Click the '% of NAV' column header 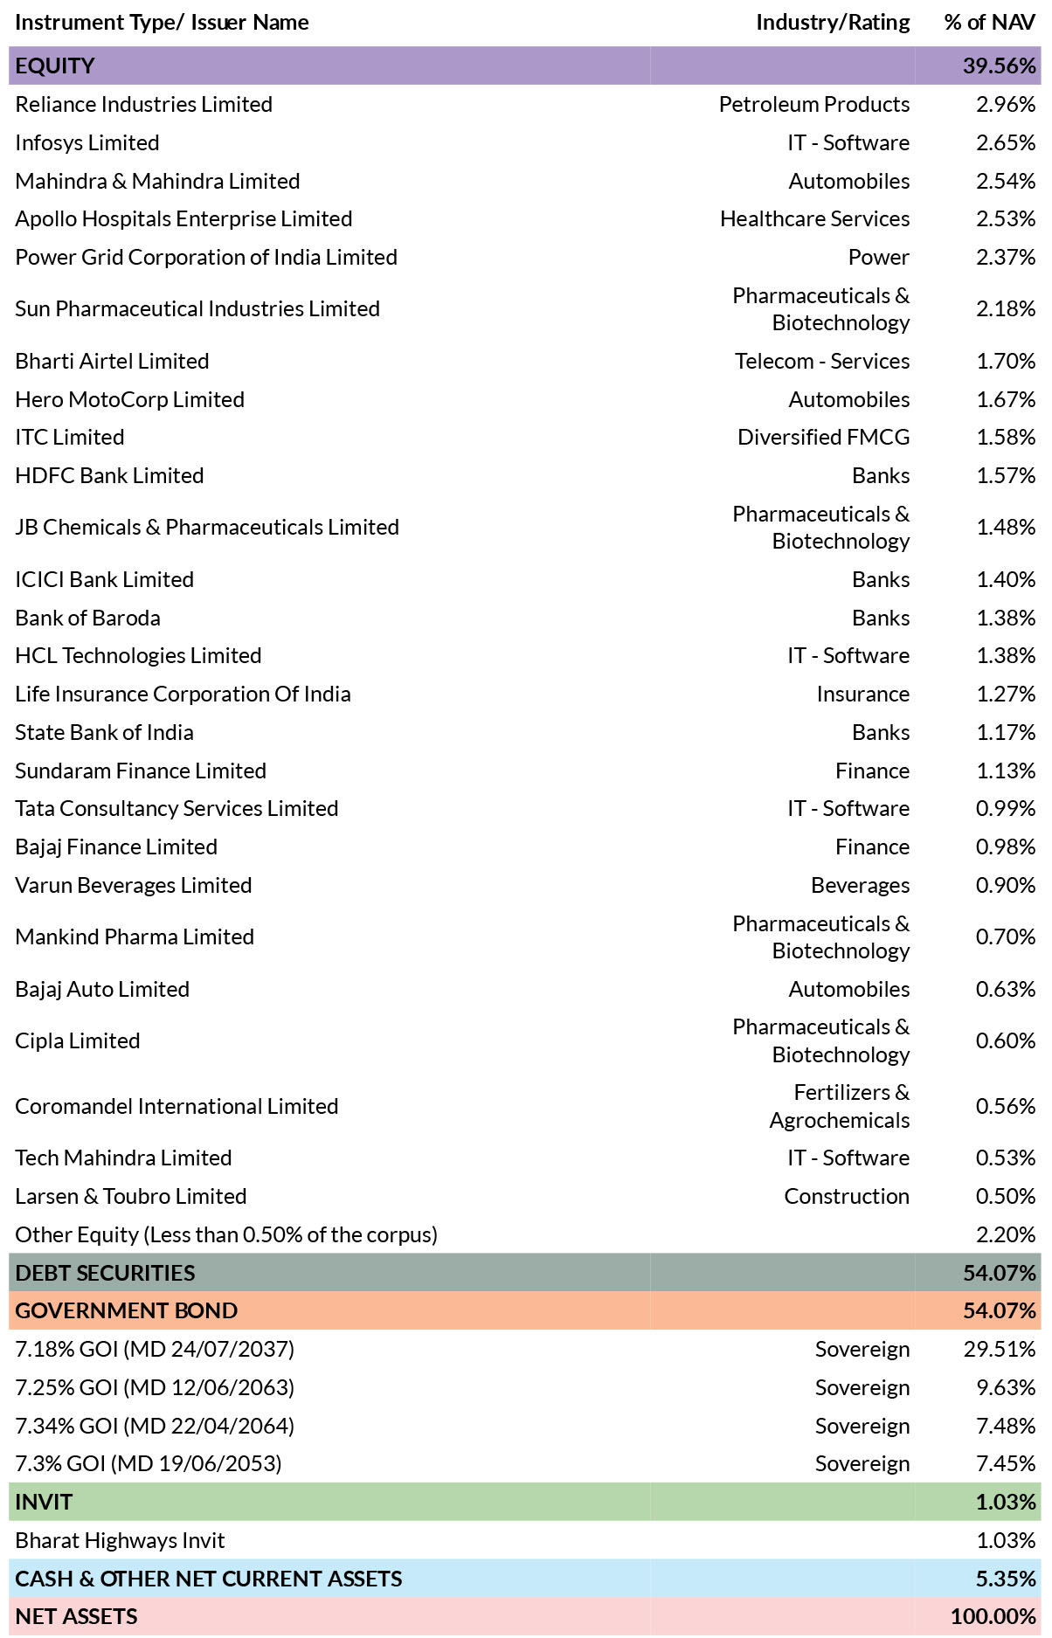990,22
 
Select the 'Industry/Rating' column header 833,22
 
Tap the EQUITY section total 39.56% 1000,66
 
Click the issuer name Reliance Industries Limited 144,104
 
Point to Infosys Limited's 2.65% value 1006,142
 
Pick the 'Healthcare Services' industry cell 815,218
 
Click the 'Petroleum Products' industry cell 814,104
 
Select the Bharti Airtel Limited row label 112,361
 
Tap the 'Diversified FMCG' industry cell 824,437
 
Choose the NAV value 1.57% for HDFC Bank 1006,475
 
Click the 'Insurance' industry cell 863,694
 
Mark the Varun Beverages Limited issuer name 134,885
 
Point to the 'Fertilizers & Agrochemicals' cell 840,1106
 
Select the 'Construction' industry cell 847,1196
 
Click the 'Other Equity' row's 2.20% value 1006,1234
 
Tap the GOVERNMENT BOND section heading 127,1310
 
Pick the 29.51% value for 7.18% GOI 1000,1349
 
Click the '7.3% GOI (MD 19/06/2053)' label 149,1463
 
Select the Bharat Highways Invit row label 120,1540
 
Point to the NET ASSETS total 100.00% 993,1616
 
